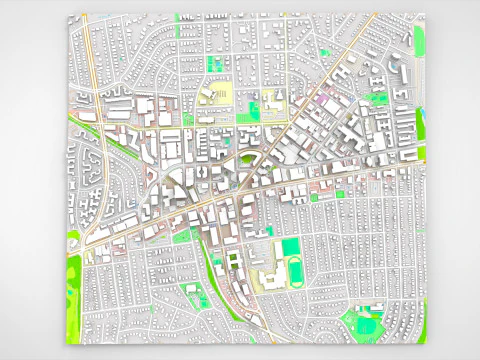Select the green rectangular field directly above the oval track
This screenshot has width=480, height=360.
tap(290, 247)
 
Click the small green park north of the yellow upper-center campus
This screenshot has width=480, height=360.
tap(213, 63)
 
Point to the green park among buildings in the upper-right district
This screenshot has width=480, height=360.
tap(377, 98)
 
